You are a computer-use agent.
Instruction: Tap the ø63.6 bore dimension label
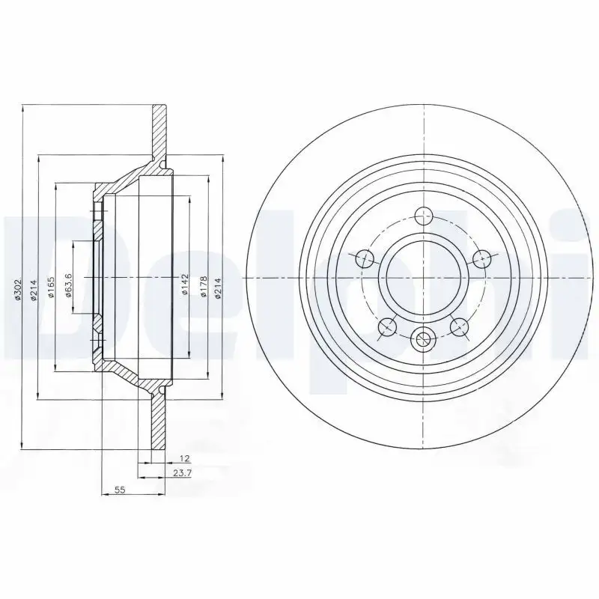point(68,285)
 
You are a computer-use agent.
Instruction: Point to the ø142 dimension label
point(184,285)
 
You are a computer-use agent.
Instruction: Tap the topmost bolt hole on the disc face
point(423,214)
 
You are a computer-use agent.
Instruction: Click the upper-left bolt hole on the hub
point(365,258)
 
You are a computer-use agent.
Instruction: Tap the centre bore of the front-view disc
point(423,277)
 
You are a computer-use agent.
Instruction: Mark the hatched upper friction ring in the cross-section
point(159,131)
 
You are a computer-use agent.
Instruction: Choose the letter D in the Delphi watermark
point(34,277)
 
